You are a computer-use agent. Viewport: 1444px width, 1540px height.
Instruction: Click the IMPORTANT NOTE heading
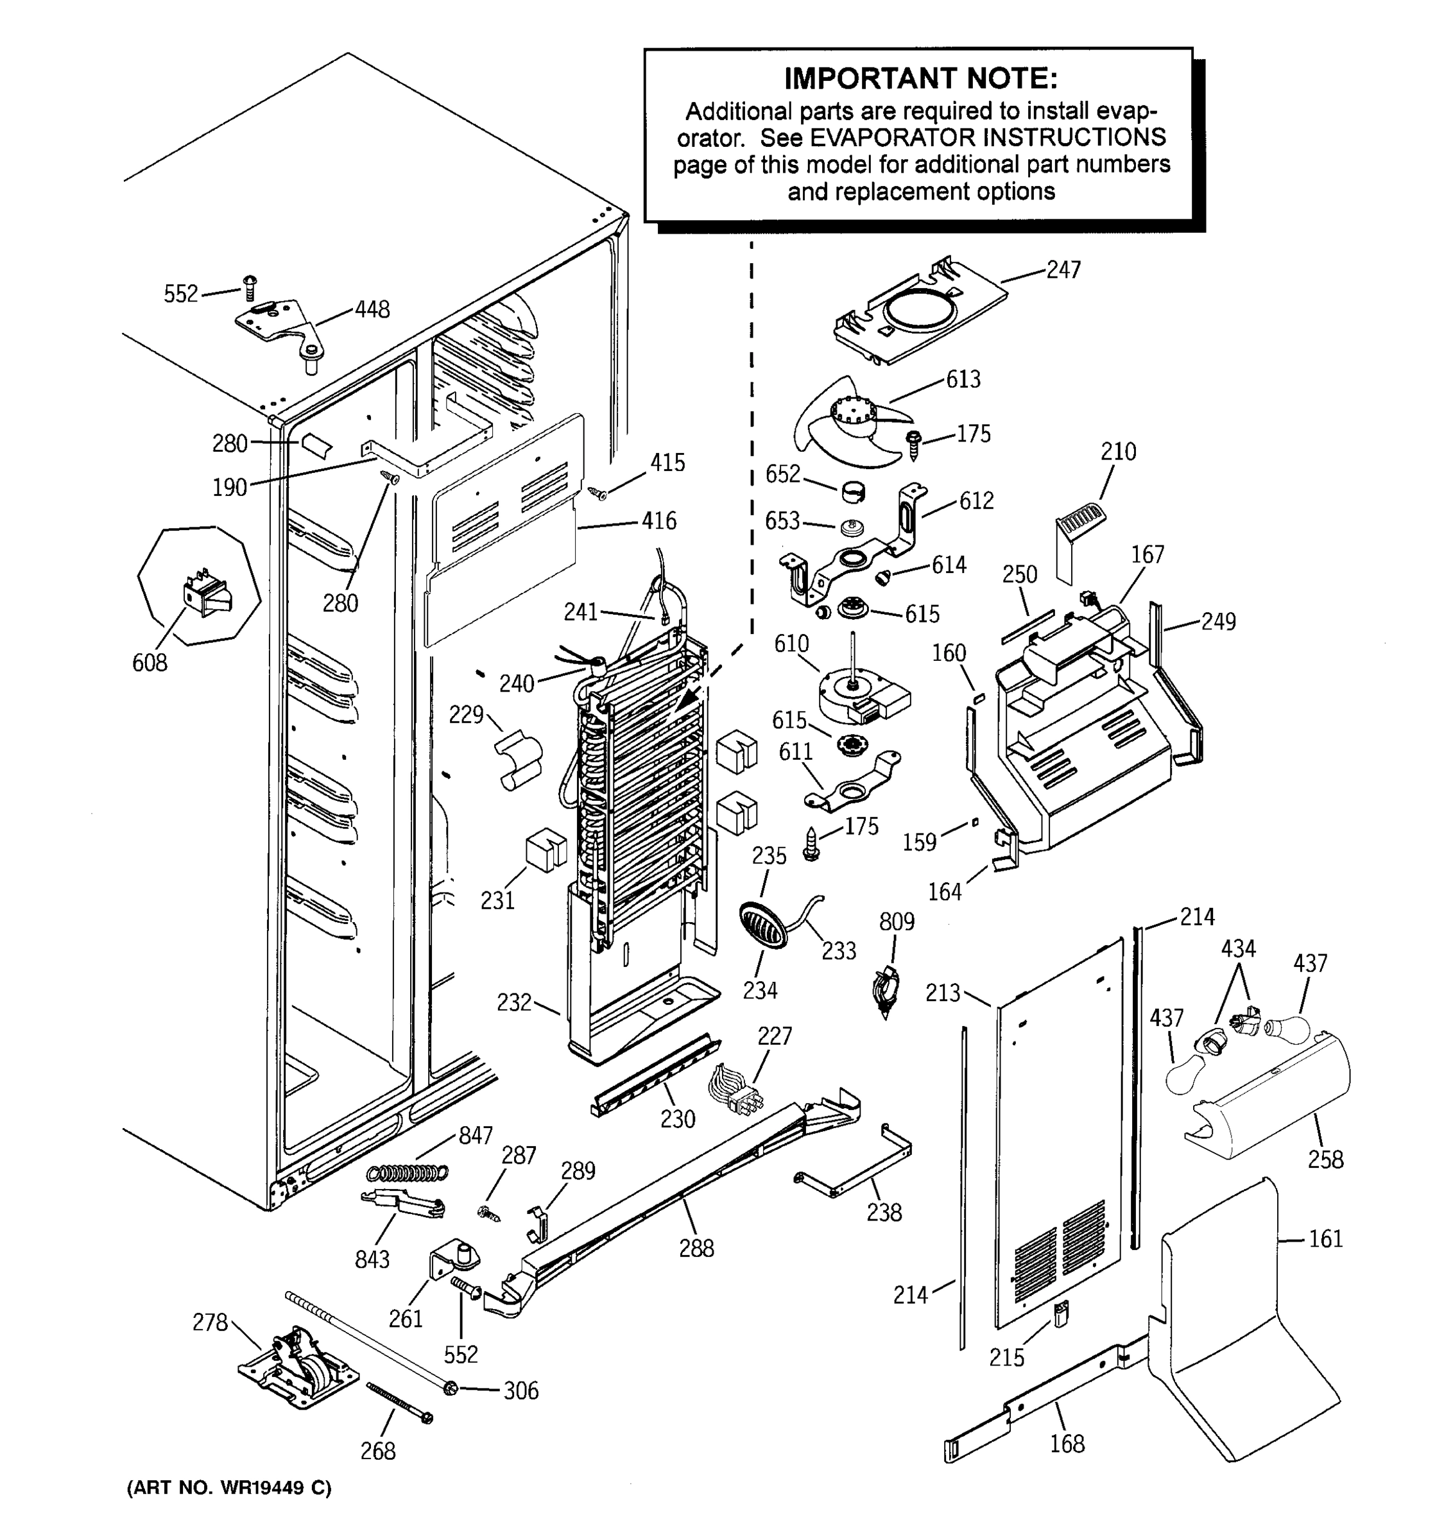920,78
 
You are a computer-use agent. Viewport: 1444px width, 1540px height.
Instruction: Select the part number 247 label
1063,269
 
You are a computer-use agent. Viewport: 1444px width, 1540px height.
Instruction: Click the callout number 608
150,662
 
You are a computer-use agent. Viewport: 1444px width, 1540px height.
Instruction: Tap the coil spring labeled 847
408,1173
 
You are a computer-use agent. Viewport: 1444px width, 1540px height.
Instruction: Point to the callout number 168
1067,1443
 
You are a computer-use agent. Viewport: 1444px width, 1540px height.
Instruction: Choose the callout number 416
658,520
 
